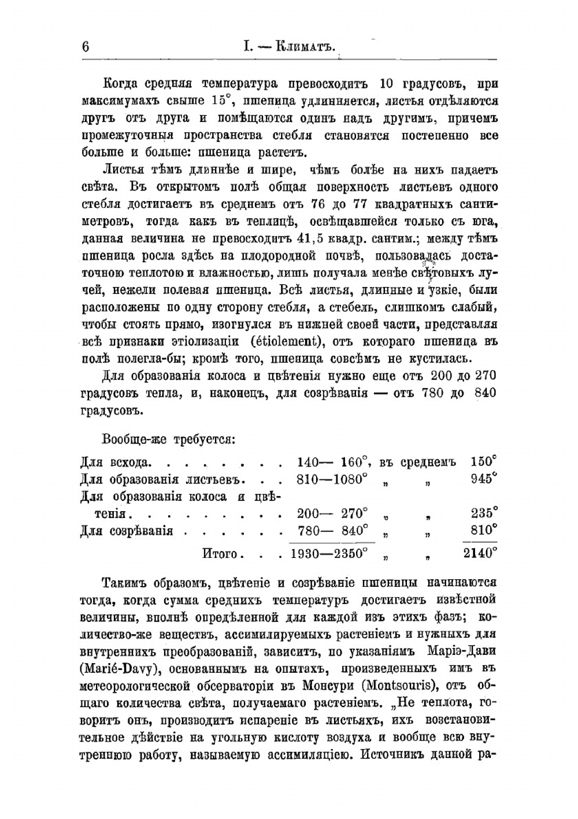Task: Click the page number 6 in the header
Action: pyautogui.click(x=86, y=47)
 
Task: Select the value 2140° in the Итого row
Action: pyautogui.click(x=480, y=553)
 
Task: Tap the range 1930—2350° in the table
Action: pyautogui.click(x=329, y=553)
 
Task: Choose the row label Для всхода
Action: pyautogui.click(x=116, y=462)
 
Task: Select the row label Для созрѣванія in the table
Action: pyautogui.click(x=127, y=530)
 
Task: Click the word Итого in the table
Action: pyautogui.click(x=220, y=553)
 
